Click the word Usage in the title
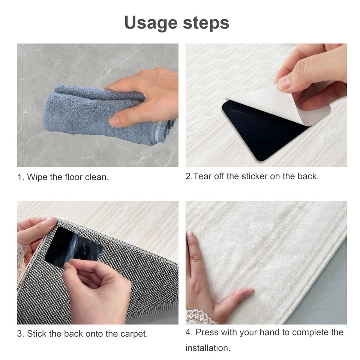click(151, 23)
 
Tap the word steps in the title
click(206, 23)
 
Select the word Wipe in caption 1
click(37, 177)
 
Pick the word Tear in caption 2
click(202, 176)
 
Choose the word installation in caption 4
click(207, 348)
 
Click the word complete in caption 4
click(310, 333)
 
